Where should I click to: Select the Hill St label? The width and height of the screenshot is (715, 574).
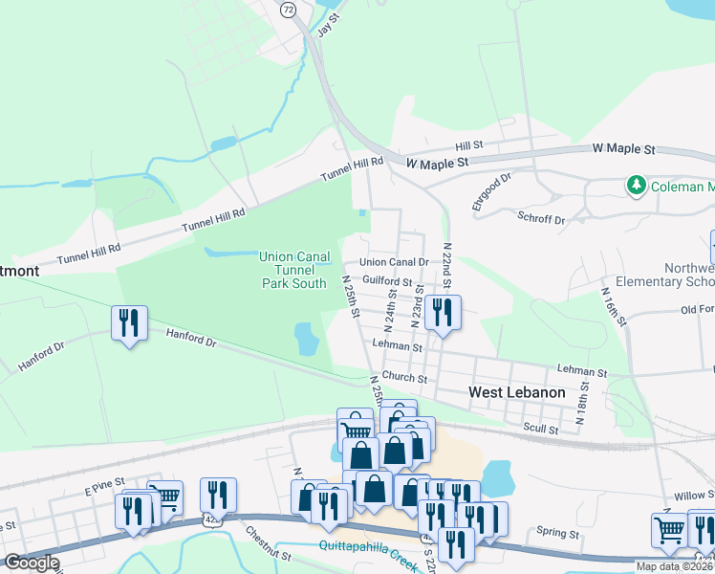tap(469, 145)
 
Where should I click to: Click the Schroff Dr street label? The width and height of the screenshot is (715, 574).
tap(541, 219)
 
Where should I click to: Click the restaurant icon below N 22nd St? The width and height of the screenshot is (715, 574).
tap(444, 312)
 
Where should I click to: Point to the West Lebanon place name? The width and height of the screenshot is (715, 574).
tap(516, 392)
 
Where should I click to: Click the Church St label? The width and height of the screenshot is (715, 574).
tap(402, 377)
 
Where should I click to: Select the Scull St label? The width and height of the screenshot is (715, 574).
tap(541, 430)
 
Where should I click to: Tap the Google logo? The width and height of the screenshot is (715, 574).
tap(32, 563)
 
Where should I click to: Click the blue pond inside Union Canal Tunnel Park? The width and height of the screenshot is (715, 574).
tap(306, 338)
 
